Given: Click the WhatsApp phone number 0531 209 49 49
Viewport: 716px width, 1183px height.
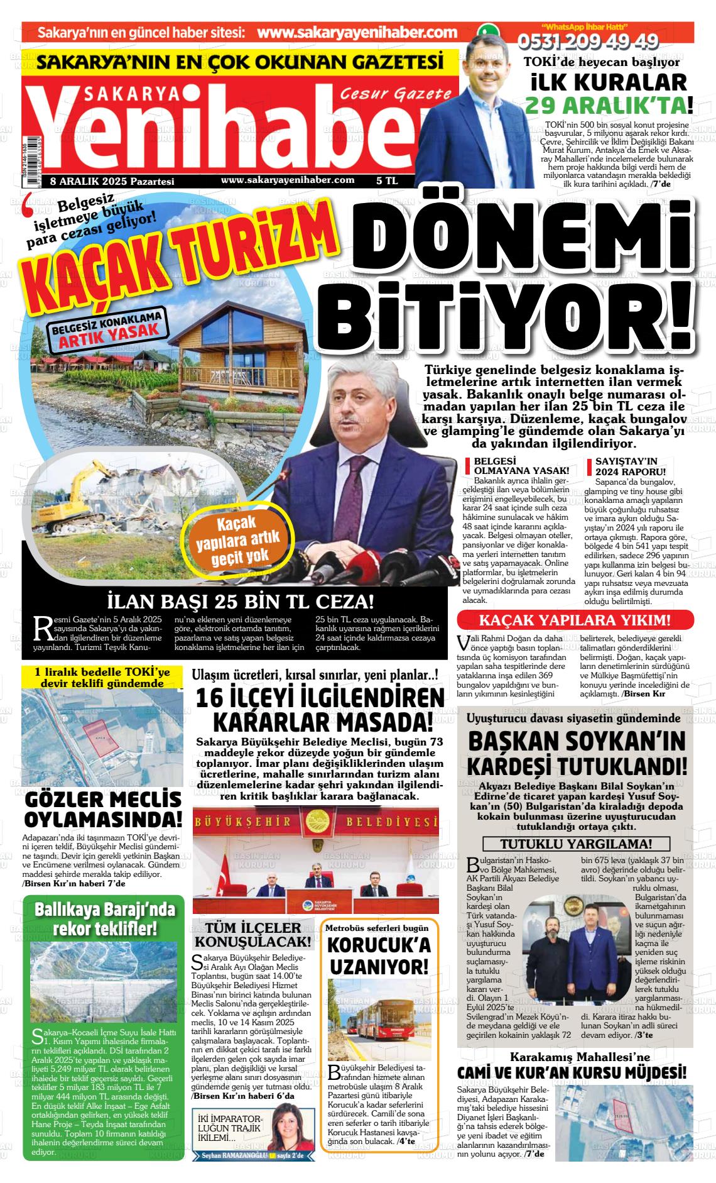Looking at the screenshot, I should tap(588, 42).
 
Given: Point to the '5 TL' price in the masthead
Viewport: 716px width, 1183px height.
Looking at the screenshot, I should tap(387, 180).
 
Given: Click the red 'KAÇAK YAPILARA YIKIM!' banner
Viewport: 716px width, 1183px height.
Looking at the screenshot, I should tap(575, 620).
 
